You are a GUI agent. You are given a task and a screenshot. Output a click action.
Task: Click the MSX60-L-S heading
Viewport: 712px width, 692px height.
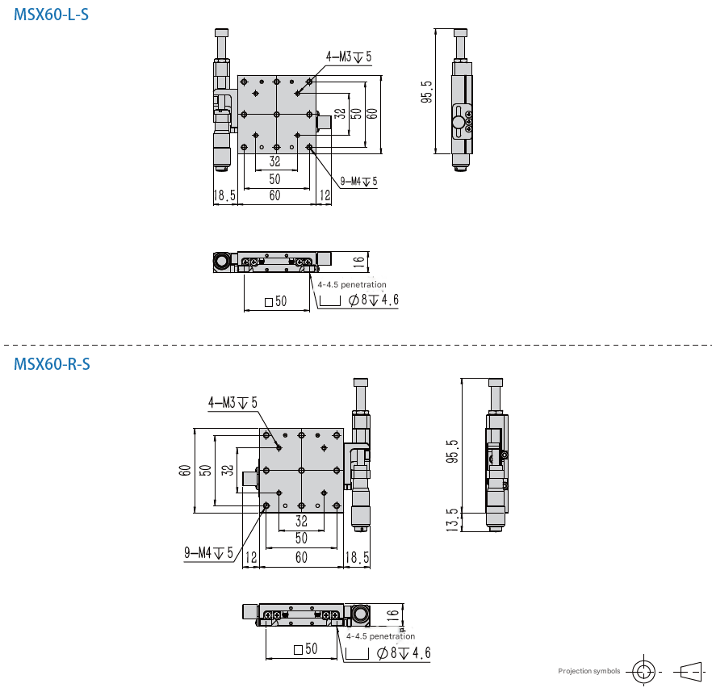[x=52, y=15]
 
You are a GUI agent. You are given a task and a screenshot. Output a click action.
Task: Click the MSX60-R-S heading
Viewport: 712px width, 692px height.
[x=52, y=364]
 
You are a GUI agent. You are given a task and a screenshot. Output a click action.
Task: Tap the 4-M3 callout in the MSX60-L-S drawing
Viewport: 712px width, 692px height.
[x=349, y=57]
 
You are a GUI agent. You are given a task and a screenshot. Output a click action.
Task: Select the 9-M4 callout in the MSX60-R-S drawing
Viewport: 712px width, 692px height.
[x=208, y=552]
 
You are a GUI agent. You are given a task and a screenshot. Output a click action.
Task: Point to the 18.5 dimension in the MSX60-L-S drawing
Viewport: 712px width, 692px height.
[x=224, y=195]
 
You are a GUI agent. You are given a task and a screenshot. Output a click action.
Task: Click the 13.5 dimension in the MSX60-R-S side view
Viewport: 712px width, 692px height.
[x=452, y=520]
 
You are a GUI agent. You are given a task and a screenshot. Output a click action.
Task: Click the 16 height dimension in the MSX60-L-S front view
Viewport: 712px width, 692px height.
[x=358, y=261]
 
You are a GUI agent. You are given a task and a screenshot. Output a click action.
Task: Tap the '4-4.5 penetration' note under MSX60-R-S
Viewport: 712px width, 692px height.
[x=380, y=636]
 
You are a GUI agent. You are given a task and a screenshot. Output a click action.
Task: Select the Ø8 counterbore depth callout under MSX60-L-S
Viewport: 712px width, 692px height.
[x=373, y=300]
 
